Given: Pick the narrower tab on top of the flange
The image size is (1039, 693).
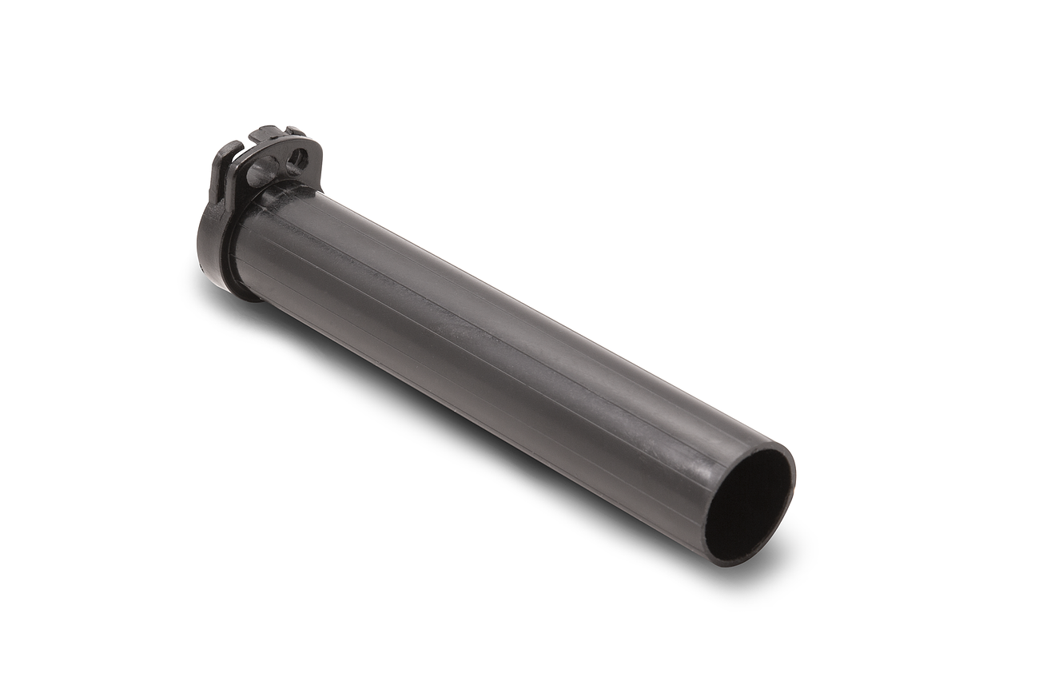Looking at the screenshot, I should click(293, 130).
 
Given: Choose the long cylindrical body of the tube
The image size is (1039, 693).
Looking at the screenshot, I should click(496, 344).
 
